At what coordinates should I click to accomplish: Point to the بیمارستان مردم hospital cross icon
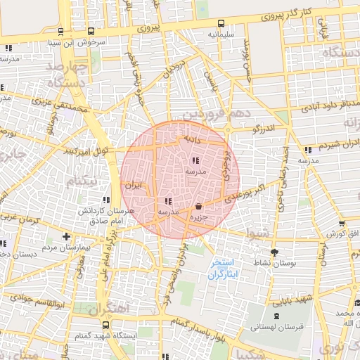66,236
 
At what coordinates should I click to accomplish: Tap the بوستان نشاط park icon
274,252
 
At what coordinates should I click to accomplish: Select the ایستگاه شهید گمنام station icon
105,325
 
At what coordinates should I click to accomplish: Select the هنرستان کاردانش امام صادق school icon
107,200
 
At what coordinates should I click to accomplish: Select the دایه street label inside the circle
192,140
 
